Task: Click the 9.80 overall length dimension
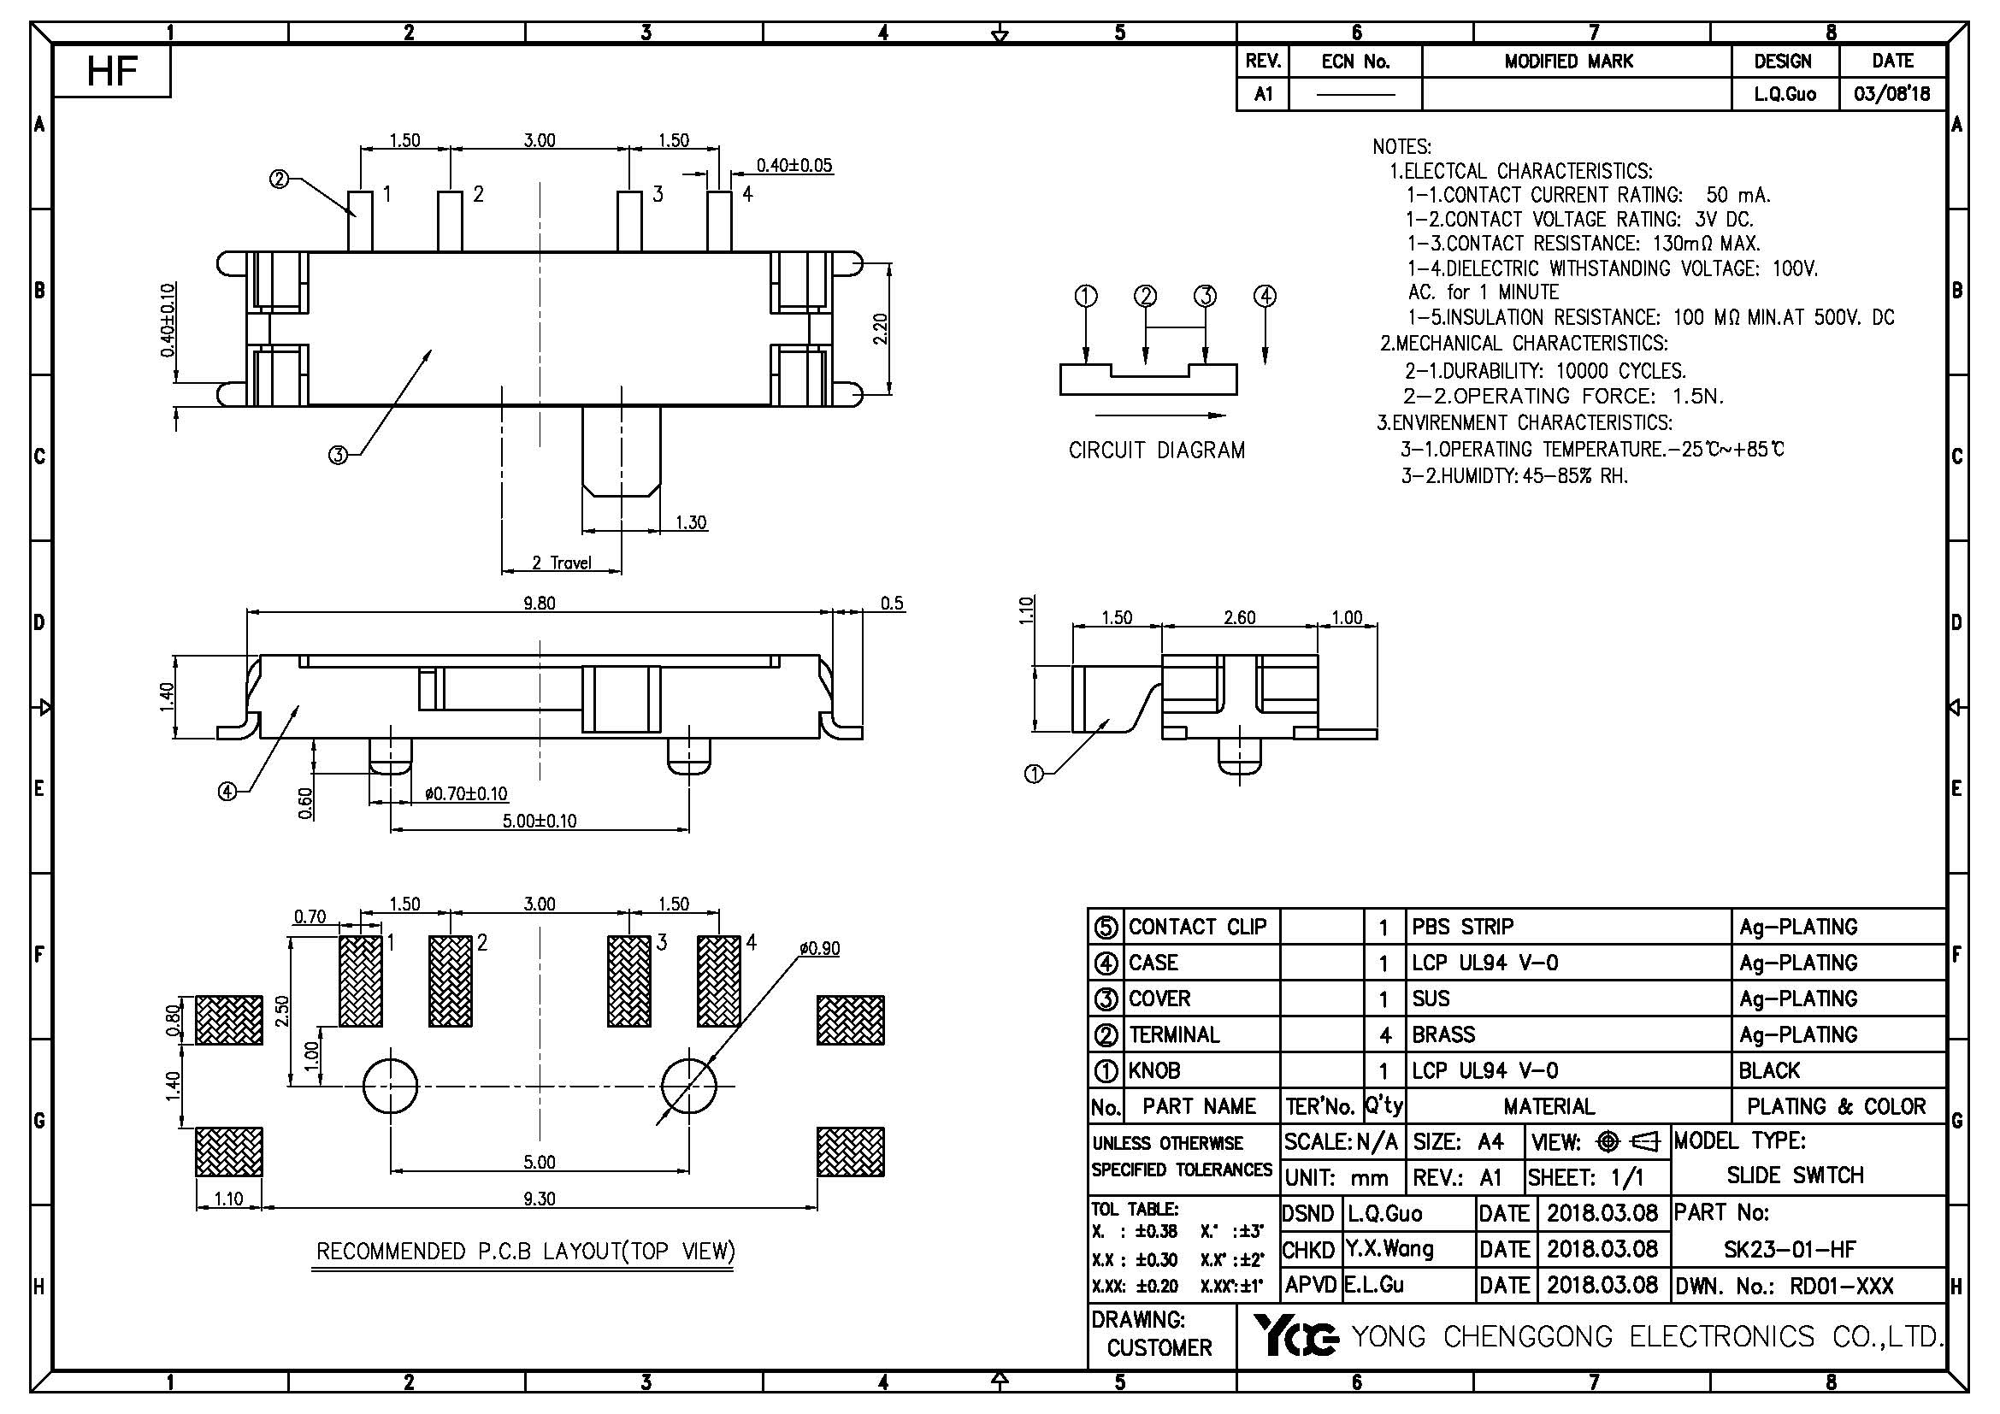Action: pos(540,603)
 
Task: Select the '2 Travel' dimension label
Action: pos(562,563)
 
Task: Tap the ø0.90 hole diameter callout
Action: pos(820,948)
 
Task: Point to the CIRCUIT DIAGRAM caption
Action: pos(1157,451)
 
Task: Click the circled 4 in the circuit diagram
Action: pos(1265,296)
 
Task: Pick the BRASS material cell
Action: pos(1443,1034)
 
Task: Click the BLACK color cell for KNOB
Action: pos(1769,1070)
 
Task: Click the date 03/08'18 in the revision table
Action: pos(1892,94)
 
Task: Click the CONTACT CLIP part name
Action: pos(1198,927)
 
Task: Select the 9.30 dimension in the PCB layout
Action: pos(540,1199)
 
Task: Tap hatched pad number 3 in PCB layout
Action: pos(628,981)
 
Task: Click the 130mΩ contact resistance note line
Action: pos(1583,243)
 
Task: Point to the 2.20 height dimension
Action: pos(881,328)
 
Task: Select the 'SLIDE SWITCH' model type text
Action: pos(1796,1175)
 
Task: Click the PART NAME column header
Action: pos(1199,1105)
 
